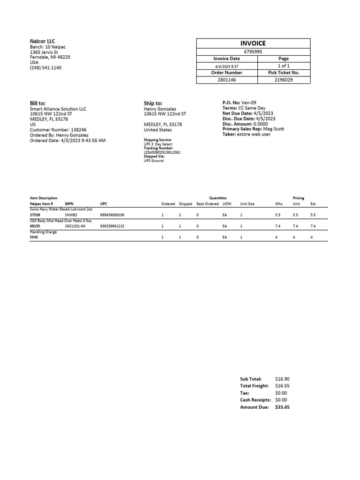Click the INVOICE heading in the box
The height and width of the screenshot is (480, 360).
(x=253, y=43)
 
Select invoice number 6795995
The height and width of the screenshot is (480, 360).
(x=253, y=52)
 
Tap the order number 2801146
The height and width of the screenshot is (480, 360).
(x=227, y=80)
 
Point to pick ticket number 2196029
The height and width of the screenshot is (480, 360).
(x=283, y=80)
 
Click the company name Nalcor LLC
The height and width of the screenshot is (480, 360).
(x=43, y=41)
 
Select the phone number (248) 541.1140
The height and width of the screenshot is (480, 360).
(x=45, y=68)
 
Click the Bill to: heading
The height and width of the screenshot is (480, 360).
(x=38, y=103)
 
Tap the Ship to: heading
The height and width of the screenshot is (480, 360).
(x=153, y=103)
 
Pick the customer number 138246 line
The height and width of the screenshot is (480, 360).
(x=58, y=130)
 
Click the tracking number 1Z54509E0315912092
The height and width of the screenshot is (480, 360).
(x=162, y=152)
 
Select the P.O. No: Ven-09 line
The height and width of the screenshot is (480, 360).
(x=239, y=103)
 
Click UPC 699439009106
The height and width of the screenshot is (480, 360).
(x=112, y=215)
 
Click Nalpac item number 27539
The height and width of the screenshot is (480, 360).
(x=36, y=215)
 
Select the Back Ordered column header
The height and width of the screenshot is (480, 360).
(x=208, y=204)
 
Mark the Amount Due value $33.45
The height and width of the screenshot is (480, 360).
(x=283, y=407)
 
